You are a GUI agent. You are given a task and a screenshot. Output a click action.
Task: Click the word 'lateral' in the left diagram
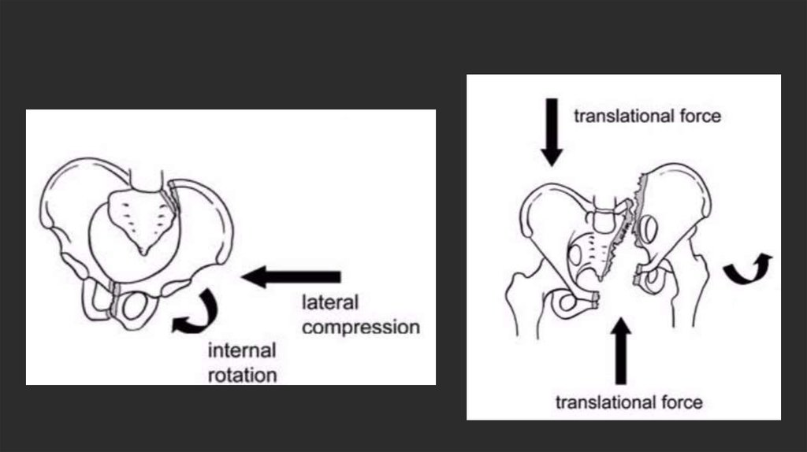click(x=330, y=302)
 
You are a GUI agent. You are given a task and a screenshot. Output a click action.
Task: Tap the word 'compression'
click(x=360, y=326)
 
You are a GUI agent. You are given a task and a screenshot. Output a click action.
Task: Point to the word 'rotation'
click(x=242, y=375)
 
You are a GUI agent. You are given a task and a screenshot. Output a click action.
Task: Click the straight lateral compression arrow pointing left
click(x=291, y=276)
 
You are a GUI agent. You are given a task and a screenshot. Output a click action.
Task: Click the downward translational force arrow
click(x=552, y=132)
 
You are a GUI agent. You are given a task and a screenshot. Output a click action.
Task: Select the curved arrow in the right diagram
click(x=748, y=269)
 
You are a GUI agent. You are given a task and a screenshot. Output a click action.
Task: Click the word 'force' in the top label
click(x=700, y=117)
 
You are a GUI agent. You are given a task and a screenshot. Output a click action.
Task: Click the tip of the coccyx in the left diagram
click(x=143, y=251)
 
